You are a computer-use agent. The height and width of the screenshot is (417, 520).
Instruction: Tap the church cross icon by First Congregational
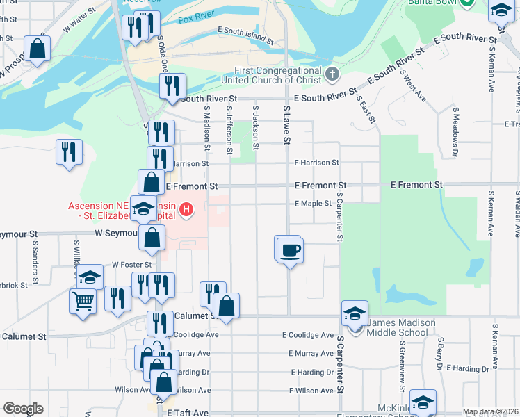tap(332, 72)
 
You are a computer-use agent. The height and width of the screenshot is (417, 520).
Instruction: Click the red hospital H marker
tap(186, 208)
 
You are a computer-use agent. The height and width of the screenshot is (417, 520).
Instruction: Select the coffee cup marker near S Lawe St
tap(290, 249)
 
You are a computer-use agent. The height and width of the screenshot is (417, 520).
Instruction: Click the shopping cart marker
tap(83, 302)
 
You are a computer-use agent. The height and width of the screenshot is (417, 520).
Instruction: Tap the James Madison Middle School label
tap(401, 327)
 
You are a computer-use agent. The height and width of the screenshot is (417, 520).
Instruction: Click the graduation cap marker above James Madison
tap(355, 313)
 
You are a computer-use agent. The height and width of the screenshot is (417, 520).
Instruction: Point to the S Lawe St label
tap(286, 125)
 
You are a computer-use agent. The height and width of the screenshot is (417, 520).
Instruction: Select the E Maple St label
tap(313, 204)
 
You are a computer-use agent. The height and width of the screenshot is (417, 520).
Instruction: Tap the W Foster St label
tap(132, 265)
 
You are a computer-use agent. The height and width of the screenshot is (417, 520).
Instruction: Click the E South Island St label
tap(247, 31)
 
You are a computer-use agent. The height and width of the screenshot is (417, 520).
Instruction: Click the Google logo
tap(23, 409)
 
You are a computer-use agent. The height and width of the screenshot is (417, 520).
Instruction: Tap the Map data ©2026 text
tap(490, 411)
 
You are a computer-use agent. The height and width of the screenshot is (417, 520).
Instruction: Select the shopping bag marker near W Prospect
tap(38, 49)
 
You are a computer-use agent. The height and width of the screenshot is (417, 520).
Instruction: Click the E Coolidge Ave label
tap(307, 334)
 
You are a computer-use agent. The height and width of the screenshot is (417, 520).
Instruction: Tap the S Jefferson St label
tap(229, 129)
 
